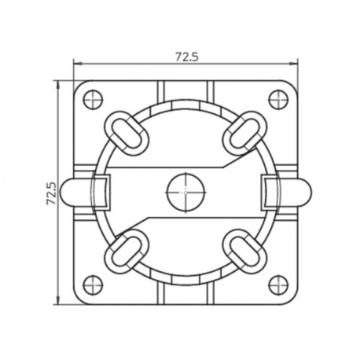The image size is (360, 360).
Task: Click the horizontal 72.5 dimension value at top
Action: pos(186,57)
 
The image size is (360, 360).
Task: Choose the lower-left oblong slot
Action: pos(123,249)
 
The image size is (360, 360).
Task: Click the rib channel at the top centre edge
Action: pos(185,89)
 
